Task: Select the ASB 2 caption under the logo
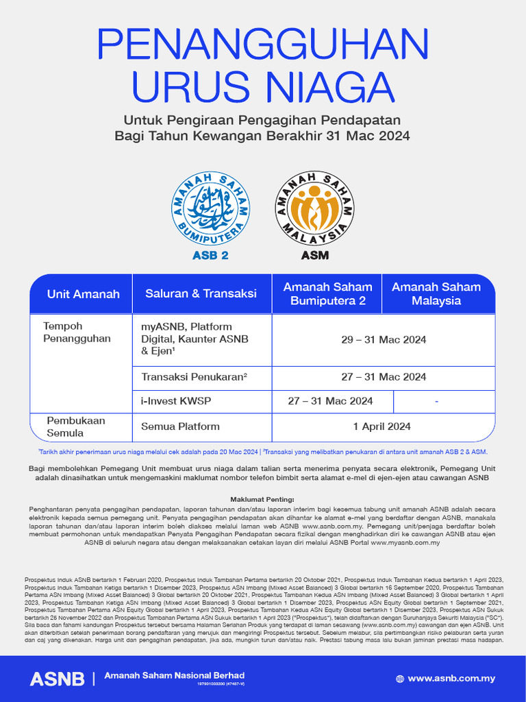(210, 255)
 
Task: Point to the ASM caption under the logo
(314, 255)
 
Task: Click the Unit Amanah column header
(83, 294)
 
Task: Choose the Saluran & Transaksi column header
(201, 293)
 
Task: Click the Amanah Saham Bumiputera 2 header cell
(327, 294)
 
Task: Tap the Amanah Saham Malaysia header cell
(436, 294)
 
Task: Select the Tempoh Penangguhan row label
(67, 332)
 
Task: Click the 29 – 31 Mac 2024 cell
(384, 339)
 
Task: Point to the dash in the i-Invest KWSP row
(436, 401)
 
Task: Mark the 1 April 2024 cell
(382, 426)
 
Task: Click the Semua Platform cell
(180, 426)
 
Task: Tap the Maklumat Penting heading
(262, 499)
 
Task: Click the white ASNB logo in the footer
(57, 679)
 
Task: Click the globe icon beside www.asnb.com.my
(400, 679)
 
